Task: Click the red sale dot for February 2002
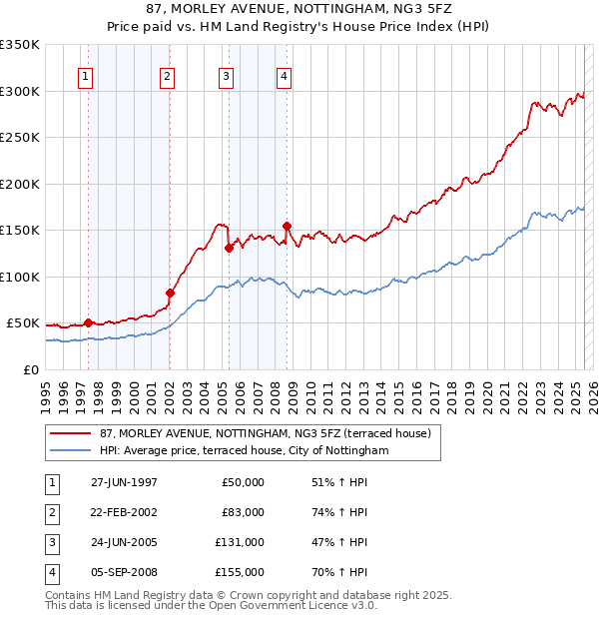coord(170,293)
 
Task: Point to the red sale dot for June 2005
coord(229,248)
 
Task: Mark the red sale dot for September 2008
coord(287,226)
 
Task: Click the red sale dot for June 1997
coord(88,322)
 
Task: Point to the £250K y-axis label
coord(20,138)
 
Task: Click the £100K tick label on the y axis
coord(20,277)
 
